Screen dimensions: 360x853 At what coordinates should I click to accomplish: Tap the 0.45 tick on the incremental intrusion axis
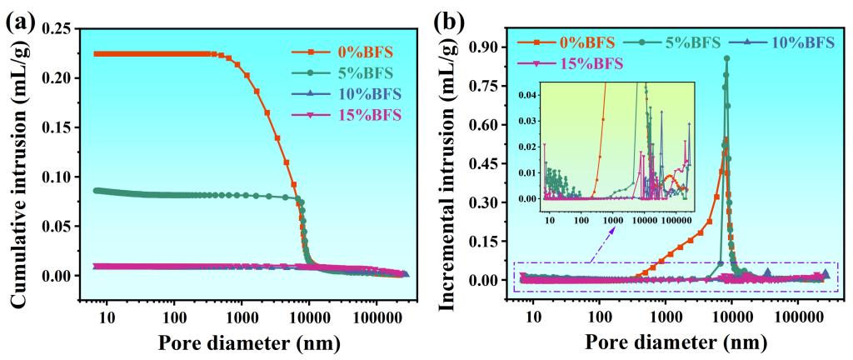tap(495, 163)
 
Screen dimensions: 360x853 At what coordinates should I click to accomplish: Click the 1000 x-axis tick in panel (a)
tap(242, 317)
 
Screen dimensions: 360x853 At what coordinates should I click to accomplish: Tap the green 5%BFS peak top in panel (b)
tap(727, 58)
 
